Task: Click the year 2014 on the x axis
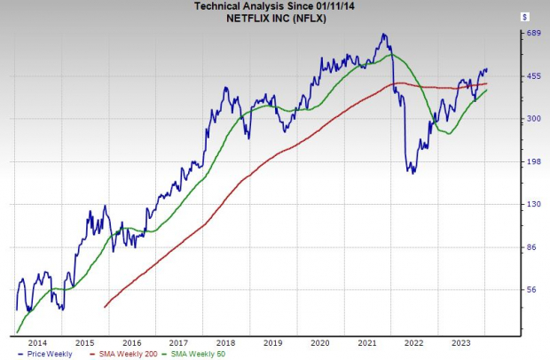(38, 341)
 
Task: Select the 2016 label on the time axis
(131, 341)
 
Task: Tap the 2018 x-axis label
(225, 341)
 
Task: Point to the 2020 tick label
(319, 341)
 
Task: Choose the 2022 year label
(413, 341)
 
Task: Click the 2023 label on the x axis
(460, 341)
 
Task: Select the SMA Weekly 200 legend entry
(120, 353)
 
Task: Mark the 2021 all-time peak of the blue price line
(383, 35)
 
